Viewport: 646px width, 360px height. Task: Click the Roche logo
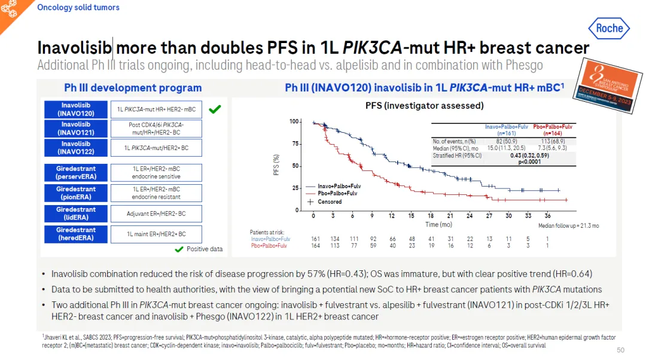[609, 28]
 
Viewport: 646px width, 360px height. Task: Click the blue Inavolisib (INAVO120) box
[76, 109]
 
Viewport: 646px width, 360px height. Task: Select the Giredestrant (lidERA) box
[76, 213]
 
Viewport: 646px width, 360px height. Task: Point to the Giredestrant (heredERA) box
[76, 234]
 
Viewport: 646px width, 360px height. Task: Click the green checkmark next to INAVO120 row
[215, 109]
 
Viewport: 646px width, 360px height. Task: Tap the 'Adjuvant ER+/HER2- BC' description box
[156, 213]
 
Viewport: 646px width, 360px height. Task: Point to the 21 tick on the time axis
[450, 216]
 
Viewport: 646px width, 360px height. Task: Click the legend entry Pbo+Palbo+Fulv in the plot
[337, 194]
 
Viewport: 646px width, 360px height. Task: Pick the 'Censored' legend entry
[330, 202]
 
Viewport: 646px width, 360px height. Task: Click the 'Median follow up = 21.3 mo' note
[568, 225]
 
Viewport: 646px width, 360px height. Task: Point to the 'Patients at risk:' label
[267, 232]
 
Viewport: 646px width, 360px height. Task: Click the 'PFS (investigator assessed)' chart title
[425, 106]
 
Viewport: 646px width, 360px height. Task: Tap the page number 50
[620, 350]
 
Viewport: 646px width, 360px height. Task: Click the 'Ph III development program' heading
[133, 88]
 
